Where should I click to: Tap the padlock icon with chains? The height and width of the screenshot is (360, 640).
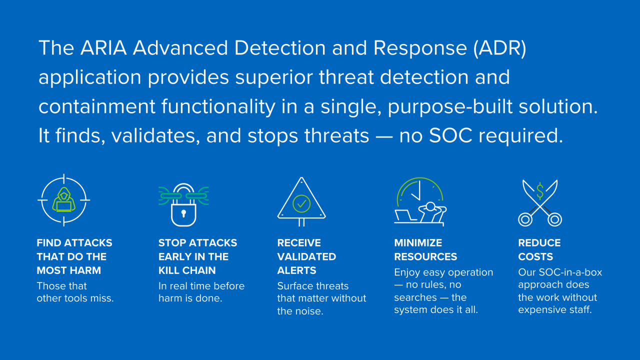pyautogui.click(x=183, y=204)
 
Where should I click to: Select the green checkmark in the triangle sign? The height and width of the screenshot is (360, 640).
pyautogui.click(x=301, y=203)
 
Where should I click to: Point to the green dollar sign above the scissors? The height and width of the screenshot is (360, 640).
pyautogui.click(x=539, y=191)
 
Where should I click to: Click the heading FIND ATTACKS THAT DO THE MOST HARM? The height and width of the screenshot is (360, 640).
pyautogui.click(x=74, y=256)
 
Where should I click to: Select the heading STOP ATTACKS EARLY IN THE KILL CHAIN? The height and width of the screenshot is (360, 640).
pyautogui.click(x=197, y=256)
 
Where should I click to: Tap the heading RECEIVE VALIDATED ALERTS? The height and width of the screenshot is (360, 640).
pyautogui.click(x=306, y=256)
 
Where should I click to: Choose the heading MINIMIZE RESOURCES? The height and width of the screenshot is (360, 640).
pyautogui.click(x=425, y=249)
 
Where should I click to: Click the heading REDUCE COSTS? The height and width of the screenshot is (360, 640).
pyautogui.click(x=539, y=249)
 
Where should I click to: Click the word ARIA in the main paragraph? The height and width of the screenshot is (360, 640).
pyautogui.click(x=103, y=47)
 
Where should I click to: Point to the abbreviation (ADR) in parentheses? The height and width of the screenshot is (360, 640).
pyautogui.click(x=499, y=48)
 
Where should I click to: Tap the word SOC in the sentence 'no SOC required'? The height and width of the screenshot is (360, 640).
pyautogui.click(x=450, y=135)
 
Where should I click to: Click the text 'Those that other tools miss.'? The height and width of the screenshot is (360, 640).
pyautogui.click(x=75, y=292)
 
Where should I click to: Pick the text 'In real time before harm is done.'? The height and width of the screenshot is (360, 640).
pyautogui.click(x=201, y=292)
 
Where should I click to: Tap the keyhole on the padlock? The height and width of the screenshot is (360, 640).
pyautogui.click(x=183, y=213)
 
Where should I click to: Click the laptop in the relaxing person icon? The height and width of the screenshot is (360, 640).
pyautogui.click(x=405, y=215)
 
